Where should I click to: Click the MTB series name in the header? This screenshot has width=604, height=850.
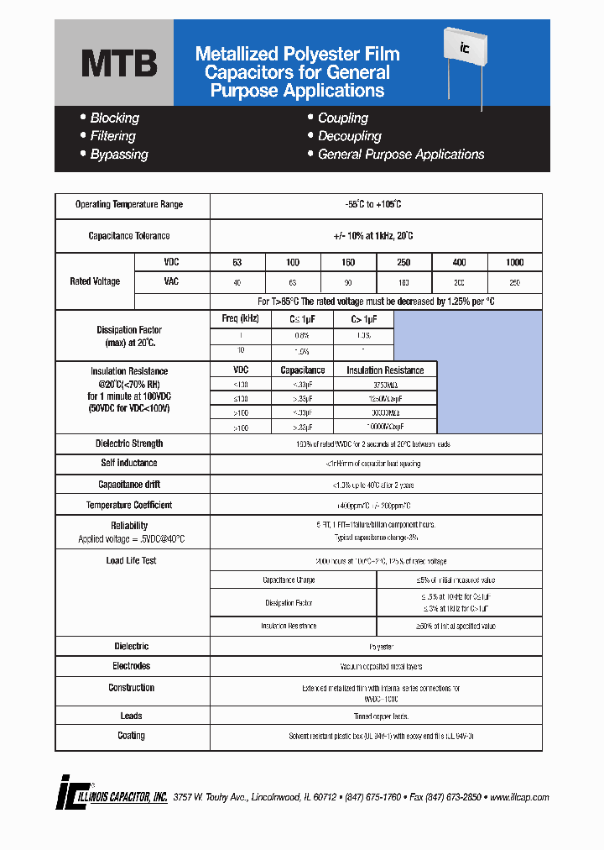(x=118, y=64)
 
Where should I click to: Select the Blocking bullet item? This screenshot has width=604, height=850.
(x=114, y=118)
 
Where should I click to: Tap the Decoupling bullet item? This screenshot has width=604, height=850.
(x=349, y=136)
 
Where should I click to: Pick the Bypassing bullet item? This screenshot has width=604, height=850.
(x=118, y=155)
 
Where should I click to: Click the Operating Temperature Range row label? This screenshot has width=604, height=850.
(x=129, y=205)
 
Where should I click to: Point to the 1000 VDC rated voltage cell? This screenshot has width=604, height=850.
(x=514, y=263)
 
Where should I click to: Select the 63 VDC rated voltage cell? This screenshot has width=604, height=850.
(x=237, y=263)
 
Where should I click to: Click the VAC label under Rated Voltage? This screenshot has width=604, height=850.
(x=171, y=281)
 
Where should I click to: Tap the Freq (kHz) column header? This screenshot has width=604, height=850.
(x=240, y=319)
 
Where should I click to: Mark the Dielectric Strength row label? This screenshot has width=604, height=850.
(x=129, y=443)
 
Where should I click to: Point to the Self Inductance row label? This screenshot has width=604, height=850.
(x=129, y=464)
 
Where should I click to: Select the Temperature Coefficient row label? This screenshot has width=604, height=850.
(x=129, y=506)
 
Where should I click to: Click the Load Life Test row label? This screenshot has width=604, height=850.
(x=131, y=561)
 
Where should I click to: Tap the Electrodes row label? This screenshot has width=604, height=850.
(x=131, y=666)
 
